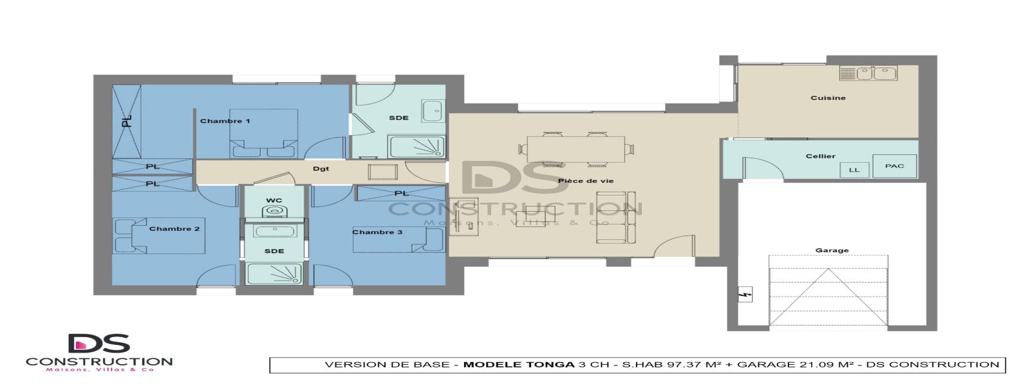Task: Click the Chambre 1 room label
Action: click(225, 121)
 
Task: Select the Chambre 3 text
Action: click(377, 232)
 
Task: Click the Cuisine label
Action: click(828, 98)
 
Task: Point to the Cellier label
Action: click(820, 156)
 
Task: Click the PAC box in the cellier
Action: click(894, 166)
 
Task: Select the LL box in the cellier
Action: click(854, 170)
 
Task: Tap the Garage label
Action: click(832, 250)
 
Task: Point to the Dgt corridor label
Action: click(321, 169)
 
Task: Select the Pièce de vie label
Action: click(585, 181)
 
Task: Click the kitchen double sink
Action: click(873, 74)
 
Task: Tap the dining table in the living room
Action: click(576, 148)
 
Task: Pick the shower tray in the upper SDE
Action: click(417, 147)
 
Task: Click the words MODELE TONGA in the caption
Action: click(519, 365)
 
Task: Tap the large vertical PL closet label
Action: click(127, 120)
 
